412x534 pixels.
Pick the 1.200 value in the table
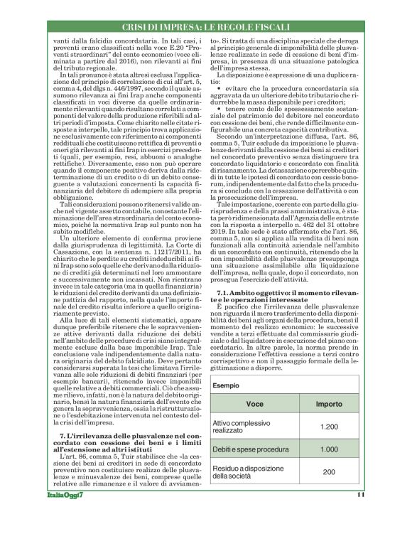point(328,427)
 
